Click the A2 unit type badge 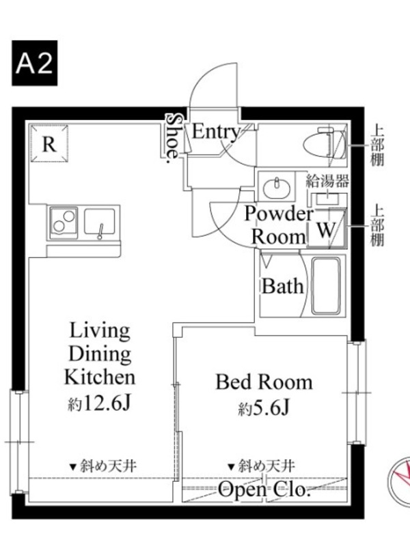tap(35, 63)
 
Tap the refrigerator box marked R tap(49, 143)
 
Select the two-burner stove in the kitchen tap(64, 223)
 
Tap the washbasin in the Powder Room tap(277, 188)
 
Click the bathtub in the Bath tap(326, 286)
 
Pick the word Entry tap(216, 132)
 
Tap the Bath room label tap(282, 286)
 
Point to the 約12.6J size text tap(99, 404)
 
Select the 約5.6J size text tap(264, 408)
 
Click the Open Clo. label tap(264, 490)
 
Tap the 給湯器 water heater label tap(327, 181)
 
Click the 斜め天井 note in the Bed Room tap(262, 466)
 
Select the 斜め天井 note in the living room tap(103, 466)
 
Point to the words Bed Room tap(264, 382)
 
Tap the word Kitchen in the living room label tap(100, 377)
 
